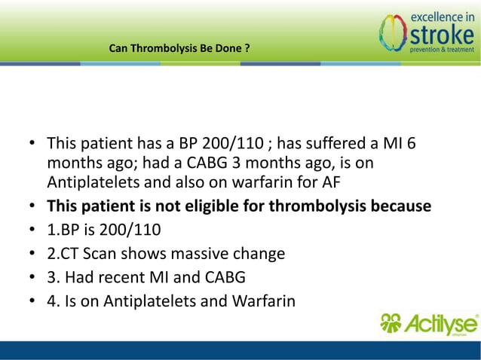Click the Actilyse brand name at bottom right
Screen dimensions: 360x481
click(x=441, y=325)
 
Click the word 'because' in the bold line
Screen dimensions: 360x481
click(x=401, y=206)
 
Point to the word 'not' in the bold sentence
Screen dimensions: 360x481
click(x=174, y=206)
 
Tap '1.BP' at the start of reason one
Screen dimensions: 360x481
click(x=63, y=230)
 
